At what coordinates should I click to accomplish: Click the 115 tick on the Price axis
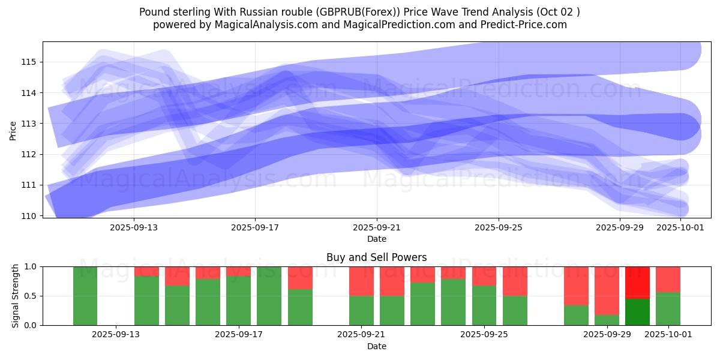(30, 62)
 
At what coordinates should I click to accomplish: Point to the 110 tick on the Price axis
(30, 215)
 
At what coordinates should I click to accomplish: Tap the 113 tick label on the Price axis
(30, 124)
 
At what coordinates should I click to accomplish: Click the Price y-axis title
(13, 130)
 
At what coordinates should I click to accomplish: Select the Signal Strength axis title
(16, 296)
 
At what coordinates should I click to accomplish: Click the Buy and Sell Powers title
(376, 257)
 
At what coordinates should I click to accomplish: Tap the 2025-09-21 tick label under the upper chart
(376, 227)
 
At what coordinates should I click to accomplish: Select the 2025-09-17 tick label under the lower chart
(239, 335)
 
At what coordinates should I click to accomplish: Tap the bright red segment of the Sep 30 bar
(637, 282)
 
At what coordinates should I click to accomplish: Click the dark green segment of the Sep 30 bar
(637, 312)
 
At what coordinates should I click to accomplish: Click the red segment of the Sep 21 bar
(361, 281)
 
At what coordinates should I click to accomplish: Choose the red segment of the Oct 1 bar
(668, 279)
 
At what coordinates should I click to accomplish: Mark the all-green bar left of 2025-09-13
(85, 296)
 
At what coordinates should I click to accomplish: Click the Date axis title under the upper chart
(376, 239)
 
